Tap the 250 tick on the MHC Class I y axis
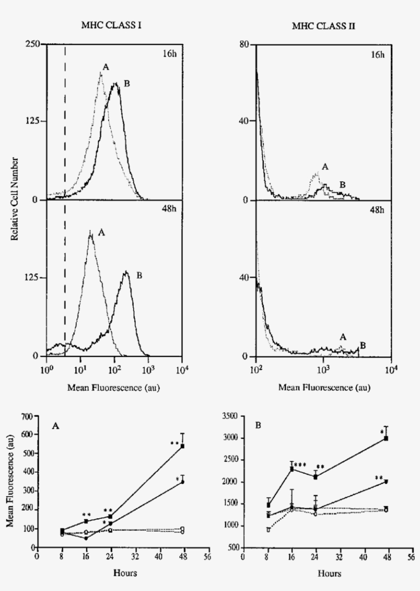34,45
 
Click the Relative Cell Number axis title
18,199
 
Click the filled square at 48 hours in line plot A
182,446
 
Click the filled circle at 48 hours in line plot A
182,482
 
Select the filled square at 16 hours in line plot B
292,469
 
